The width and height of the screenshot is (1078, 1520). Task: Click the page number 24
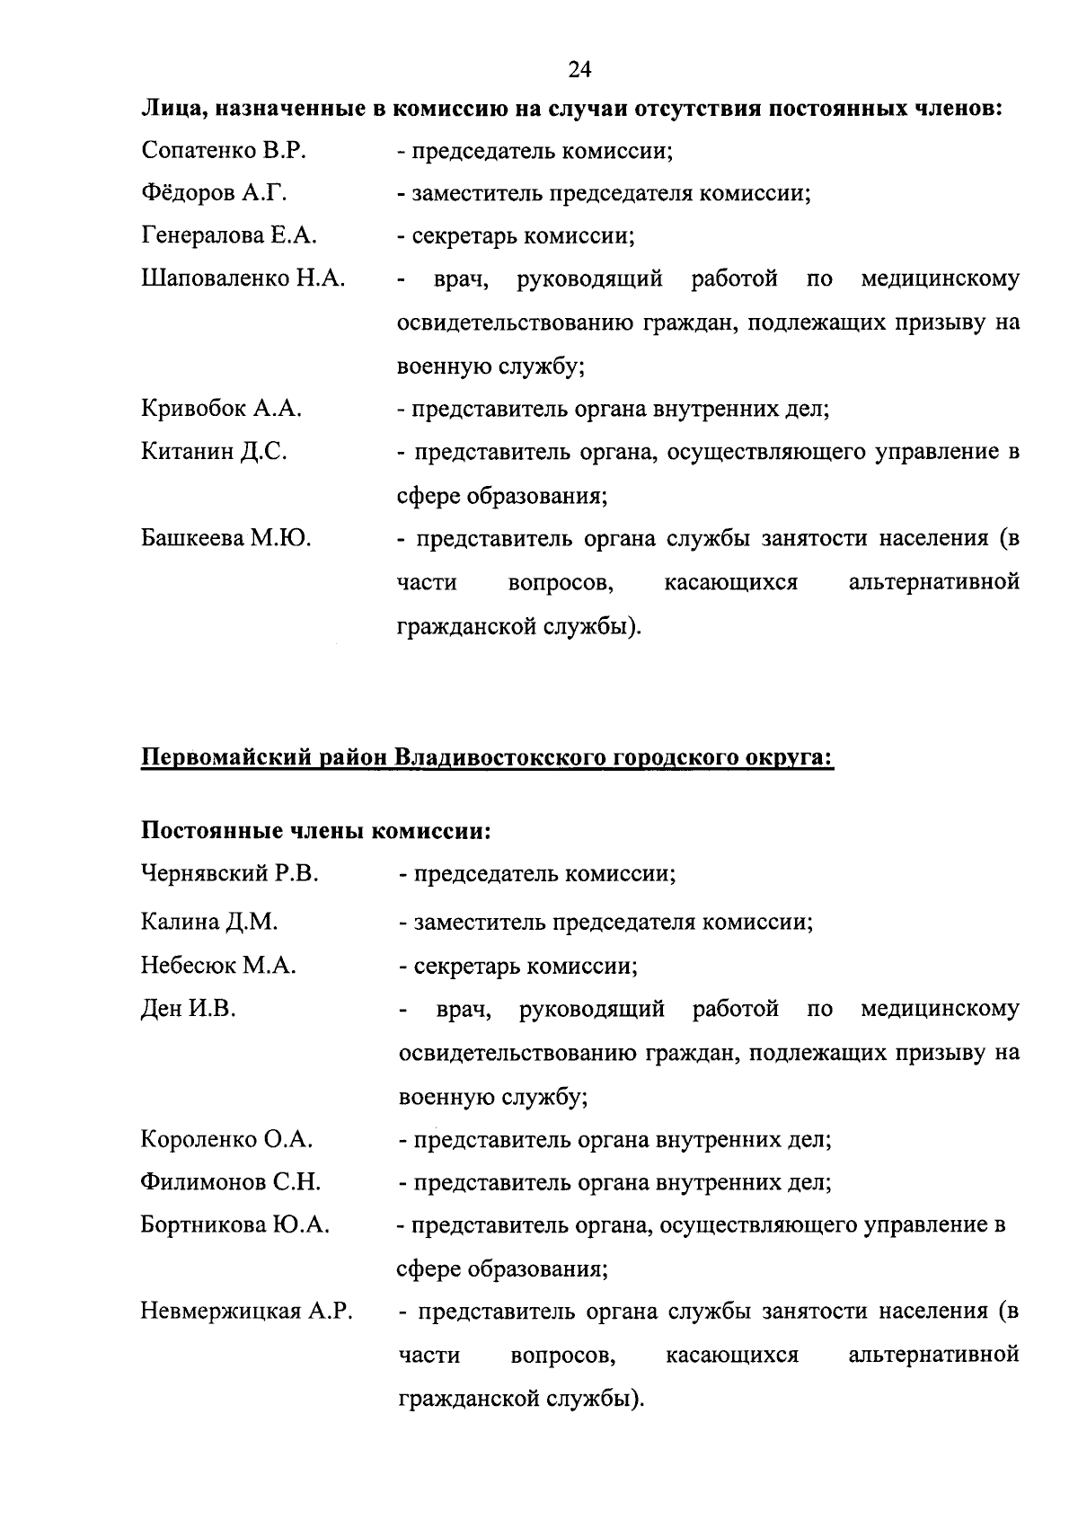(579, 69)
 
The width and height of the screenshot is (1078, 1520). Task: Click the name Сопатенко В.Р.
(224, 151)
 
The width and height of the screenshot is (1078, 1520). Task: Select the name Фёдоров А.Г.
(214, 193)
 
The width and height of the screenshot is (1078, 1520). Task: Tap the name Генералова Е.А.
(229, 236)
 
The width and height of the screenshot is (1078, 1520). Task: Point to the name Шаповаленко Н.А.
(243, 279)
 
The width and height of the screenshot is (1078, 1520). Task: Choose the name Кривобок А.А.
(221, 410)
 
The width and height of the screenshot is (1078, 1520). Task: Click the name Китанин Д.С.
(214, 452)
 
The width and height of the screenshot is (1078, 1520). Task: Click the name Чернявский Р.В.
(230, 874)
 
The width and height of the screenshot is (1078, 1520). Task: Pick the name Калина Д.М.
(209, 923)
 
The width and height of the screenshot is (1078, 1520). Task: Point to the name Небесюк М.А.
(218, 967)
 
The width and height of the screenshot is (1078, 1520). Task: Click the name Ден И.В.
(189, 1010)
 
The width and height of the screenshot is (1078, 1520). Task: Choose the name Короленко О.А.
(226, 1140)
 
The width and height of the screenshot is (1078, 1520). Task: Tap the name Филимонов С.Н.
(231, 1183)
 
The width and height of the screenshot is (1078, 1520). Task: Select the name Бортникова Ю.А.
(235, 1225)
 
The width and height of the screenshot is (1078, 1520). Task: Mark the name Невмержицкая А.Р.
(247, 1312)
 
